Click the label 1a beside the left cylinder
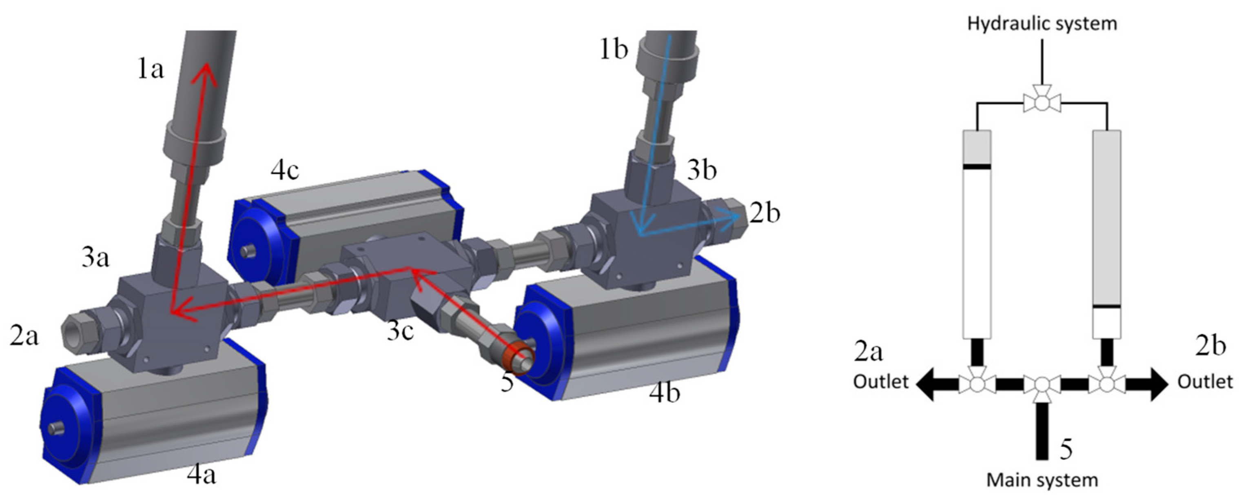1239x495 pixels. tap(151, 70)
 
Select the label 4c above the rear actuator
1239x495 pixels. tap(285, 171)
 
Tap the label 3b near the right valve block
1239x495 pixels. tap(702, 170)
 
